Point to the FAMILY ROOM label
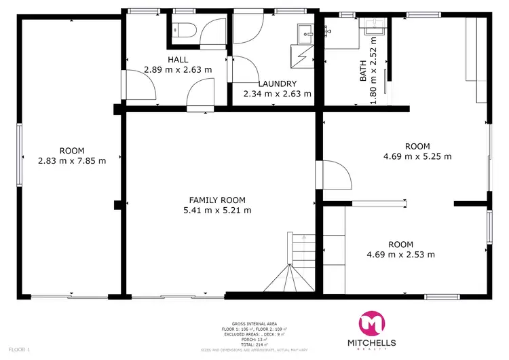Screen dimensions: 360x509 (x=217, y=200)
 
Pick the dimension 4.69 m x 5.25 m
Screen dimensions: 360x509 (x=417, y=156)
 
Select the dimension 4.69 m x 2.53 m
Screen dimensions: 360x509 (x=400, y=255)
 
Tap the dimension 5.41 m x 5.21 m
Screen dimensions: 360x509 (x=217, y=211)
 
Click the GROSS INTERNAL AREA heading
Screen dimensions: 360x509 (x=254, y=323)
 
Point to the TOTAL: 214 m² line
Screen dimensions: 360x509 (x=254, y=344)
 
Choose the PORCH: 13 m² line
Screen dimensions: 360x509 (x=254, y=339)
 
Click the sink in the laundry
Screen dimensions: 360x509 (x=306, y=31)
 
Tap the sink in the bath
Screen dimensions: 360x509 (x=373, y=28)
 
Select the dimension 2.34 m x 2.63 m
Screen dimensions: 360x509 (x=278, y=94)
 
